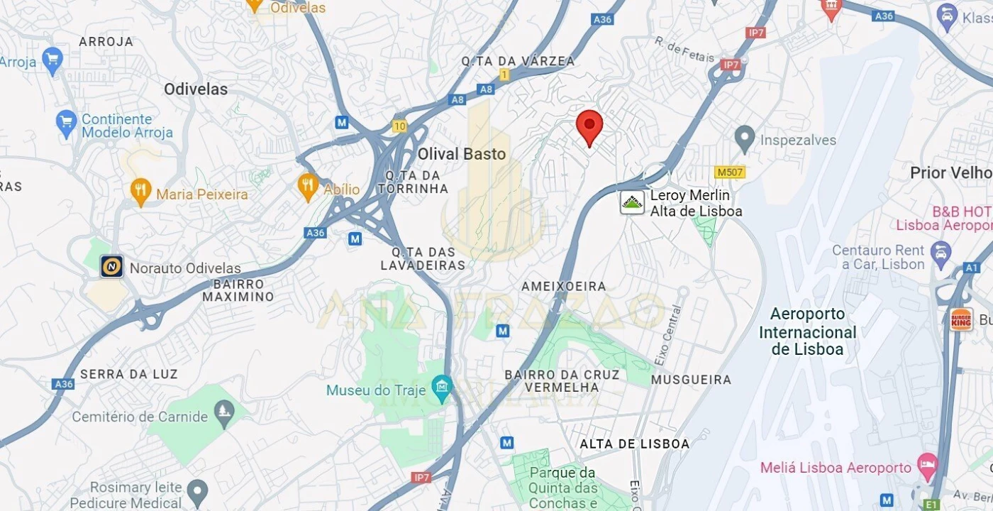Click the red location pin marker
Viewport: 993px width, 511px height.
[x=589, y=126]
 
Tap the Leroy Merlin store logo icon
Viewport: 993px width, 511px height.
[x=632, y=202]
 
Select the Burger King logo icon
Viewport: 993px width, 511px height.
[x=961, y=319]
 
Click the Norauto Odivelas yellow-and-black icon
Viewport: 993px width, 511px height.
[x=111, y=266]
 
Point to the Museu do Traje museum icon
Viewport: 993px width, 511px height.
[x=443, y=388]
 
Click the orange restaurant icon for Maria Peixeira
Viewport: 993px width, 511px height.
[x=141, y=191]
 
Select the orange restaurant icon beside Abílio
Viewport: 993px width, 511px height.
[x=307, y=187]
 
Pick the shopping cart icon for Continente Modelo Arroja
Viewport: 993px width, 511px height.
[x=66, y=123]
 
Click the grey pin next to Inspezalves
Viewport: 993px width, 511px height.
[x=744, y=138]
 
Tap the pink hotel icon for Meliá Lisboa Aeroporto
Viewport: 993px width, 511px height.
[x=926, y=466]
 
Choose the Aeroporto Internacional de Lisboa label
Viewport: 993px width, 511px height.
[x=808, y=331]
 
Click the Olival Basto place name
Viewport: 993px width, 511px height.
[x=461, y=154]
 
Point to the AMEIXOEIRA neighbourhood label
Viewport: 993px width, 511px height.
[x=564, y=286]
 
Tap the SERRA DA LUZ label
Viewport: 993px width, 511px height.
[x=129, y=373]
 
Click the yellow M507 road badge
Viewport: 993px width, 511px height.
[x=729, y=172]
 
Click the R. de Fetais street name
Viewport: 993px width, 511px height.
[x=684, y=50]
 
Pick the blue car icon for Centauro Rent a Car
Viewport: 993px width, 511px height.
[x=941, y=252]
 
